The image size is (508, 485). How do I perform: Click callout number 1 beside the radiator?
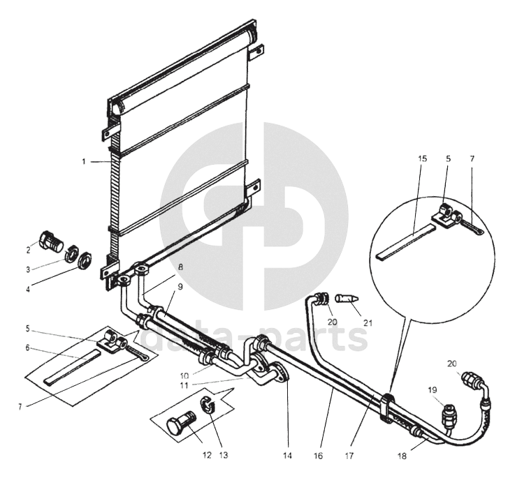(x=83, y=161)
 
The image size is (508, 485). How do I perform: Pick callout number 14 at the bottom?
(x=286, y=456)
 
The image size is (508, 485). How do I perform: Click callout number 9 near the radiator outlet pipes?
(x=180, y=286)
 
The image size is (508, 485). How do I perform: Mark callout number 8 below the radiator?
(x=180, y=266)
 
